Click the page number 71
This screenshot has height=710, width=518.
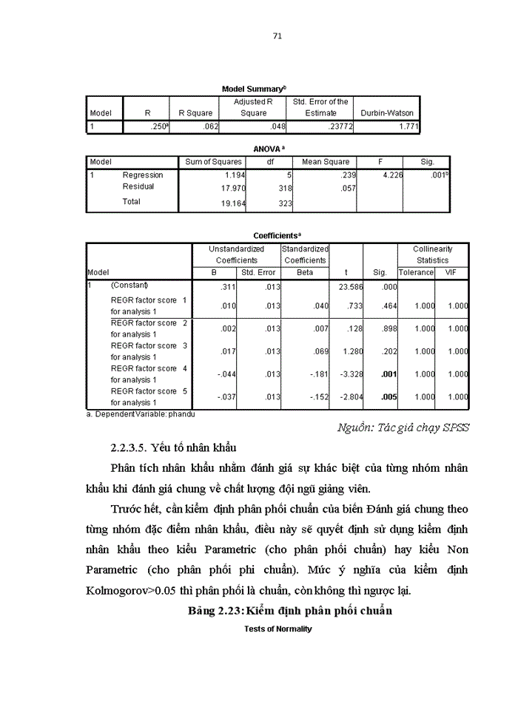[x=277, y=35]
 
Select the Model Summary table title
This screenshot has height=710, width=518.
[x=253, y=89]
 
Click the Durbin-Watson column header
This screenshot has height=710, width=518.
[x=386, y=113]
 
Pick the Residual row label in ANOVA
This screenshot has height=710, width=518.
[x=138, y=187]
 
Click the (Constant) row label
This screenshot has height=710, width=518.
[x=129, y=285]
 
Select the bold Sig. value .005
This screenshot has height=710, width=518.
[x=389, y=397]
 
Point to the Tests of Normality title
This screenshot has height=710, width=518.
[x=277, y=629]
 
